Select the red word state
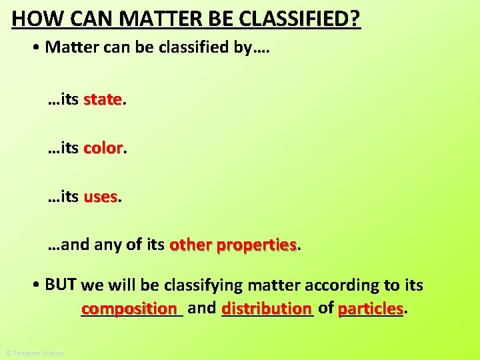(103, 100)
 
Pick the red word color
(103, 148)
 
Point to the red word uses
(101, 197)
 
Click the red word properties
(256, 245)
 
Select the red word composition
(131, 309)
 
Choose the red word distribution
(267, 309)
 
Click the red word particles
(371, 309)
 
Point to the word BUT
(61, 285)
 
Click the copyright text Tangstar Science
(35, 353)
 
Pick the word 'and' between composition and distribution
(201, 308)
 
